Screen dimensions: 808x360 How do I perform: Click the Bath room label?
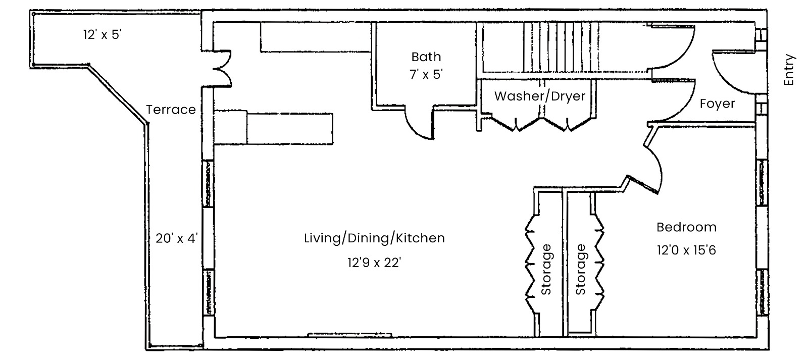(426, 57)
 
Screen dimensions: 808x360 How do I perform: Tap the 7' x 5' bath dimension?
(426, 74)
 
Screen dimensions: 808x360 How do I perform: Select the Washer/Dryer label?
(540, 96)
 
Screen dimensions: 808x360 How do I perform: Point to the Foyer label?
(717, 104)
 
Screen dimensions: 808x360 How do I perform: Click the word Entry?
(789, 70)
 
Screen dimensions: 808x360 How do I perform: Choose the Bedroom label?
(686, 227)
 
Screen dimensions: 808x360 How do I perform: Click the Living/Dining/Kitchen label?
(374, 238)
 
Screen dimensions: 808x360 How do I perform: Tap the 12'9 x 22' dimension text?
(374, 262)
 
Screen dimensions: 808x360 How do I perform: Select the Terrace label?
(171, 109)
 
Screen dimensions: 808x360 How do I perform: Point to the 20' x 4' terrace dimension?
(177, 238)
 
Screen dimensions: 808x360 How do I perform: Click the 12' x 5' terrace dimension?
(103, 35)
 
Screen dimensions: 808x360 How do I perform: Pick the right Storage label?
(580, 270)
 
